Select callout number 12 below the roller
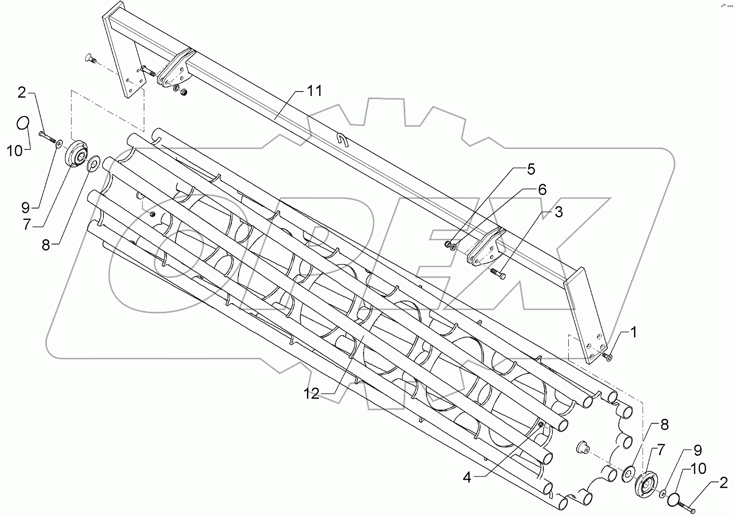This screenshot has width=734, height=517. click(312, 394)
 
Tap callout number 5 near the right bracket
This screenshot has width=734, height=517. click(531, 169)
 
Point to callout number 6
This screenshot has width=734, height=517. click(542, 190)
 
